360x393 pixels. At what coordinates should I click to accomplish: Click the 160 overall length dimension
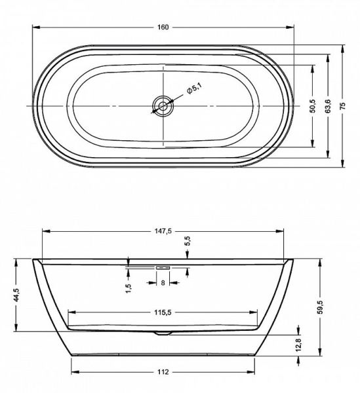click(163, 27)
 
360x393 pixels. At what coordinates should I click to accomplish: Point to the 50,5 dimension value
click(312, 105)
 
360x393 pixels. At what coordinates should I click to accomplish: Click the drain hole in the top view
click(163, 105)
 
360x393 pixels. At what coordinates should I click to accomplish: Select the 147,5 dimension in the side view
click(162, 231)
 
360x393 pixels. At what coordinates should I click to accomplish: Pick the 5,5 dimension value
click(188, 242)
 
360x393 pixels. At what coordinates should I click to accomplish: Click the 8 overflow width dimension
click(163, 283)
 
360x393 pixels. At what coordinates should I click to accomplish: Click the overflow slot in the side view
click(162, 267)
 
